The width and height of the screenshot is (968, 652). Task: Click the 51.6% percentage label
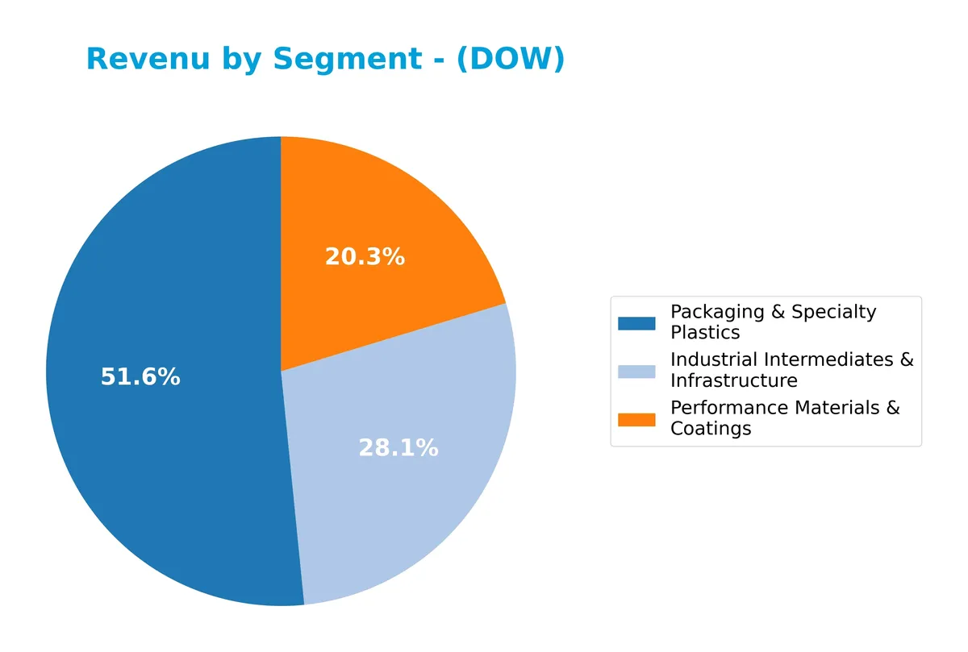[x=140, y=377]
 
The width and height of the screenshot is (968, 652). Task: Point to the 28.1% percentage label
[x=398, y=449]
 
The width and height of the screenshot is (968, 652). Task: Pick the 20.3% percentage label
[x=365, y=257]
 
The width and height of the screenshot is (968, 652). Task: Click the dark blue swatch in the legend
[x=636, y=323]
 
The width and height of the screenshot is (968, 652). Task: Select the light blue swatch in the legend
[x=636, y=371]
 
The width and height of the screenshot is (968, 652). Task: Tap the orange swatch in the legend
[x=636, y=419]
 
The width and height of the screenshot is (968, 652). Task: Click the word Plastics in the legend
[x=704, y=333]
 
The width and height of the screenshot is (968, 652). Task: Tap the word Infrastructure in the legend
[x=733, y=380]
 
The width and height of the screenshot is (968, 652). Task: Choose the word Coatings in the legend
[x=710, y=429]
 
